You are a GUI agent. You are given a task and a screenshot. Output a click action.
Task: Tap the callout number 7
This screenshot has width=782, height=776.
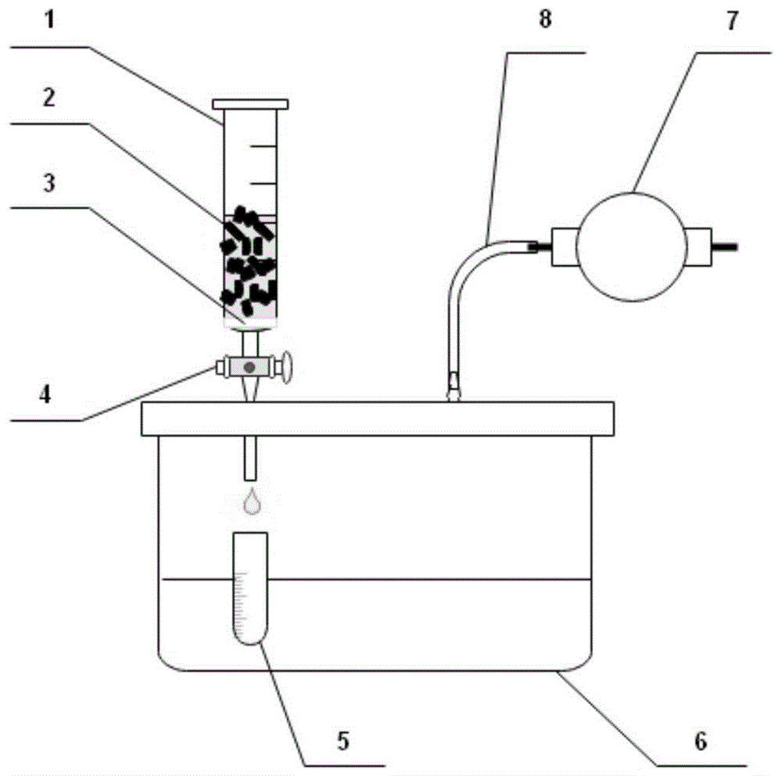731,21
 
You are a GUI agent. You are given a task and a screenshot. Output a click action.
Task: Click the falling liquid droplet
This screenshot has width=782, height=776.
251,501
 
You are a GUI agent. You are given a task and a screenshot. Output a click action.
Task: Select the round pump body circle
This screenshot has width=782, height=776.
631,246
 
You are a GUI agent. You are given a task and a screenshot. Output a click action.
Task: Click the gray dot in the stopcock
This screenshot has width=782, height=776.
249,367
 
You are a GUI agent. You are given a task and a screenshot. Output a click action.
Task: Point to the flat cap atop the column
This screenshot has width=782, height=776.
250,104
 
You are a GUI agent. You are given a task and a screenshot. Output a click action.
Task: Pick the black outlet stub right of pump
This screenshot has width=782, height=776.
725,247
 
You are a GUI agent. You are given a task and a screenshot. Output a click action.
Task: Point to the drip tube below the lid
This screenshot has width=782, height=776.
250,458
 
